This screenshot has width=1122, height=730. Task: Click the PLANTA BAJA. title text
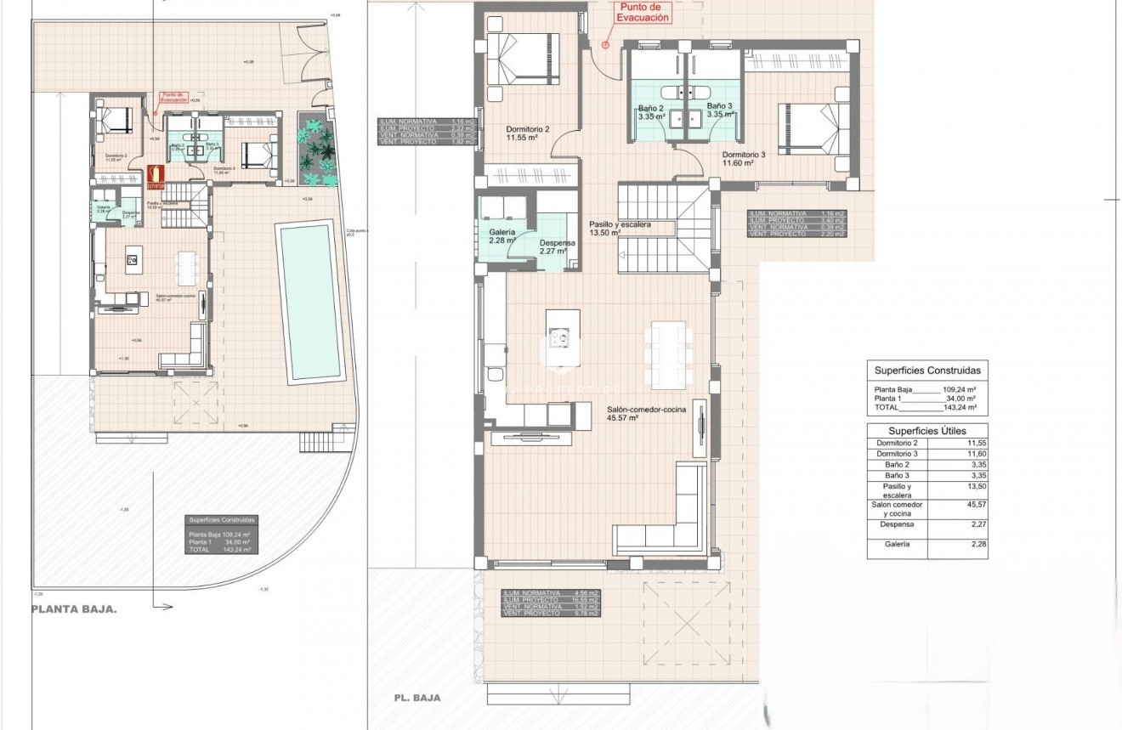point(74,609)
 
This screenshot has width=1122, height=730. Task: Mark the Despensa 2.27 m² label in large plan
point(558,246)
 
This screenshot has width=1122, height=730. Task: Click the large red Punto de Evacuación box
point(642,12)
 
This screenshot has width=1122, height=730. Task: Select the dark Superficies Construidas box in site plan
point(221,535)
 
